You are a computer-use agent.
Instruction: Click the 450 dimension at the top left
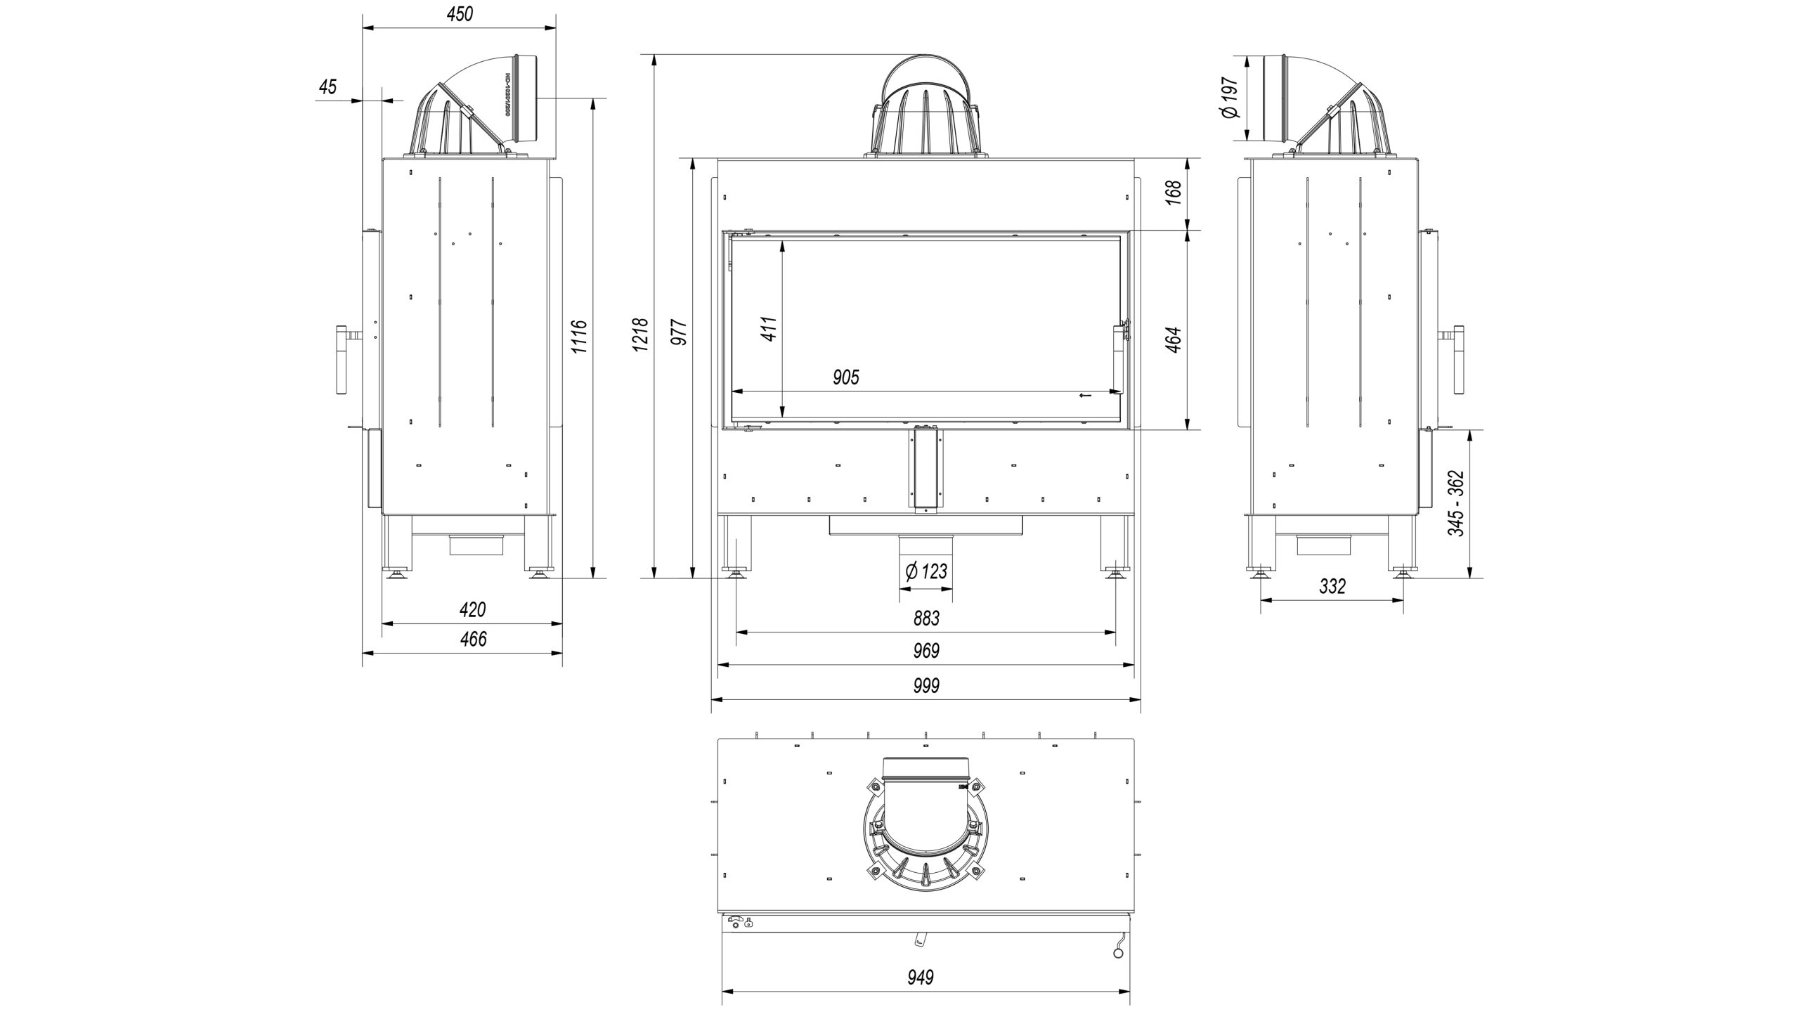460,14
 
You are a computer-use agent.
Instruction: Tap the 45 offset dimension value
327,87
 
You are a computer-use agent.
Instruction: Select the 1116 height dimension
579,337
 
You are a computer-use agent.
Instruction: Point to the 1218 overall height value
640,335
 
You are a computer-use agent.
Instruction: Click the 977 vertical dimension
679,332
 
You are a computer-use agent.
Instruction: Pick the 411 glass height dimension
769,328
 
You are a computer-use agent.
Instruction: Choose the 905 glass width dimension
846,378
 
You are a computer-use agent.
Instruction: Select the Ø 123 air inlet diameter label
926,571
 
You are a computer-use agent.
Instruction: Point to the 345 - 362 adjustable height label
1455,503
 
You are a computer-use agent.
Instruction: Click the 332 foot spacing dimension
1332,586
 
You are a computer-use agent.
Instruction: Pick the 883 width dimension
926,618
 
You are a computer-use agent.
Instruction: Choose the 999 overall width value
926,685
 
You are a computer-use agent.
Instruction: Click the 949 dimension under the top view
921,977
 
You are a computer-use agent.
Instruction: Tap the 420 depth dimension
472,609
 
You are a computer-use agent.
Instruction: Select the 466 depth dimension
472,640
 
